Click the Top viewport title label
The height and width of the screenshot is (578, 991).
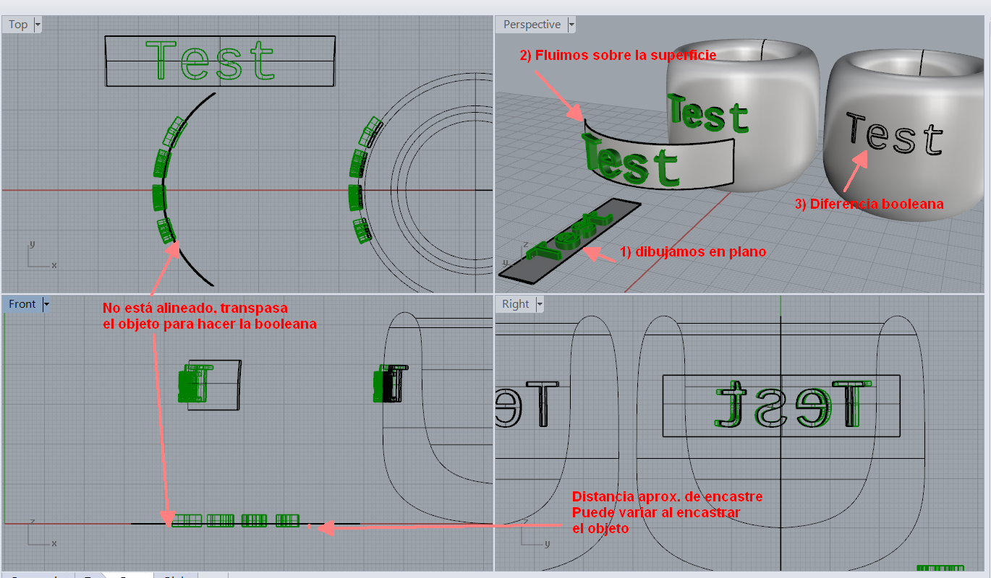[x=18, y=25]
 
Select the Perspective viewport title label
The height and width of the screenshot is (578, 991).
[x=532, y=25]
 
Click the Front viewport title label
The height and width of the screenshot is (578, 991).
[x=22, y=304]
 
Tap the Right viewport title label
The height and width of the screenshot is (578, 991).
[x=515, y=304]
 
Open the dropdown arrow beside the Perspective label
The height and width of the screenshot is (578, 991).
[x=571, y=25]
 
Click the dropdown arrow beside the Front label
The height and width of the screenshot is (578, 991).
[x=46, y=304]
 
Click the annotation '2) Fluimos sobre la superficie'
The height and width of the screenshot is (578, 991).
[x=618, y=55]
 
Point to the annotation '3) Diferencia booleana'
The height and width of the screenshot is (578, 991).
[x=869, y=204]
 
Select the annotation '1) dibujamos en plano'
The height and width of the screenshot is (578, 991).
[x=692, y=252]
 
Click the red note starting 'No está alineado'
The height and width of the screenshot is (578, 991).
[x=210, y=316]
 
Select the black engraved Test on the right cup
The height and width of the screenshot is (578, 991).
[x=895, y=136]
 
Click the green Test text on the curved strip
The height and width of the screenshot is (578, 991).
[x=630, y=161]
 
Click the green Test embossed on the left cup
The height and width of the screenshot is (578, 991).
[x=707, y=115]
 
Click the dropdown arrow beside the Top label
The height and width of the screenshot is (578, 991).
[x=38, y=25]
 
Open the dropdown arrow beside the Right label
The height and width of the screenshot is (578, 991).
[x=540, y=304]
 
